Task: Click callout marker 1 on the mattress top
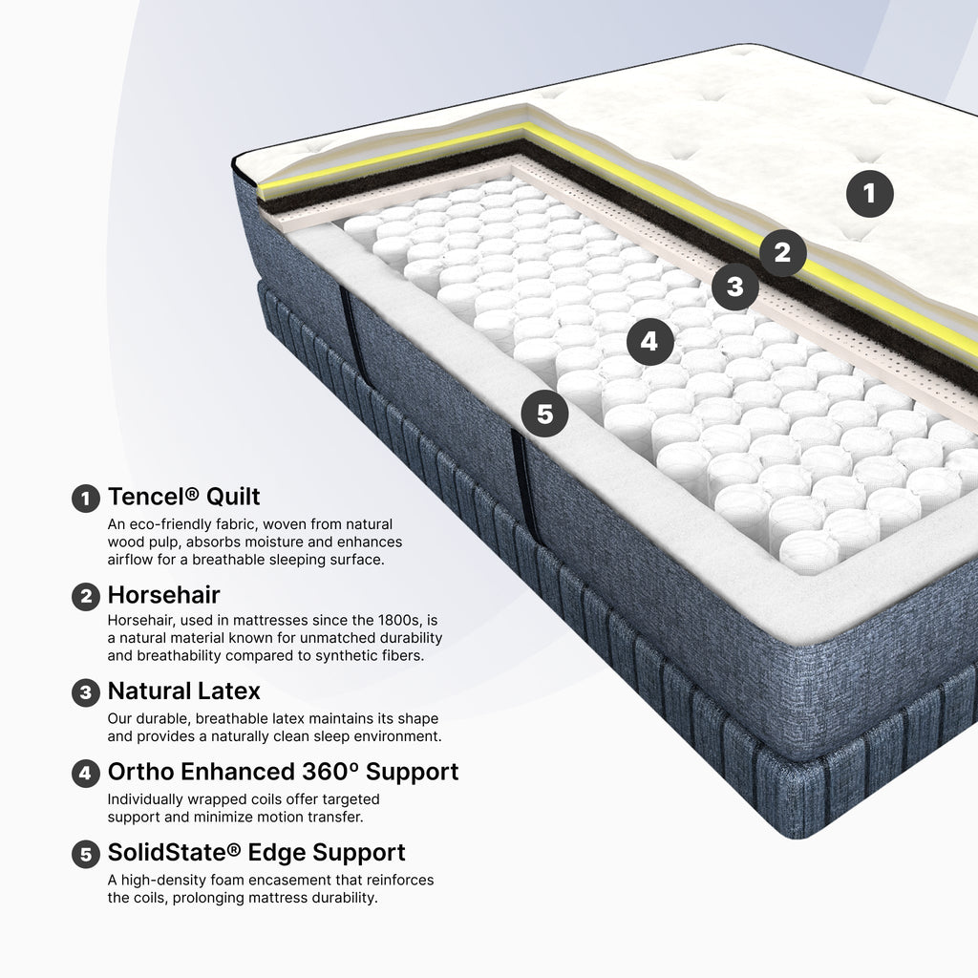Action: point(869,194)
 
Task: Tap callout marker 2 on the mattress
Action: point(783,253)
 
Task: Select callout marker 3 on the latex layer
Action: point(735,287)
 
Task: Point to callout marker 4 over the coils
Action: point(649,341)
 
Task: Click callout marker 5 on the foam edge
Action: point(544,414)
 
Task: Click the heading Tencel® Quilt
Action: point(184,497)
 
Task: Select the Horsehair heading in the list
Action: point(163,595)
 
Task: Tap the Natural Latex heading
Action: point(184,691)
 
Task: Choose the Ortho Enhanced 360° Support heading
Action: point(283,772)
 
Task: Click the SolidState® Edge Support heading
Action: point(256,852)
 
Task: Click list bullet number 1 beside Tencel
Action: point(85,499)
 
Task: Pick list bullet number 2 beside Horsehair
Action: point(85,597)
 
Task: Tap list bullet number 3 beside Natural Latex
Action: point(85,693)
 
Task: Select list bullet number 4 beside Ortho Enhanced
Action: point(85,774)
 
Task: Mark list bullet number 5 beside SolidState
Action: point(85,855)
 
